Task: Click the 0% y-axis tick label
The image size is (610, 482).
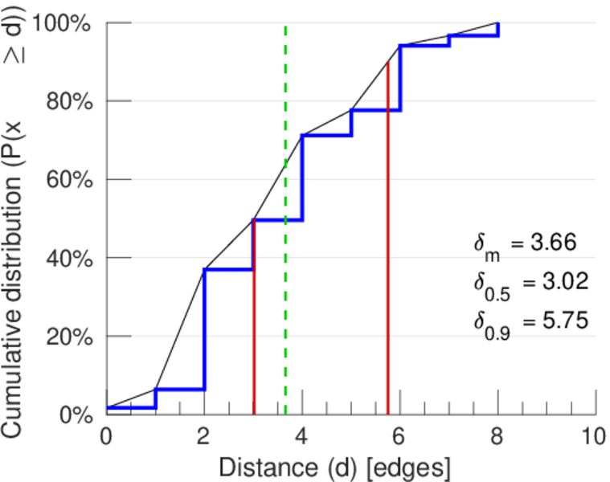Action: pos(77,415)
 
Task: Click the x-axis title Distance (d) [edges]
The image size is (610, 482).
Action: pos(334,467)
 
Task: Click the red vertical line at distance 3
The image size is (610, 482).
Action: pos(254,321)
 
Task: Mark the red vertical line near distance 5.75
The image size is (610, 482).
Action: pos(388,241)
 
